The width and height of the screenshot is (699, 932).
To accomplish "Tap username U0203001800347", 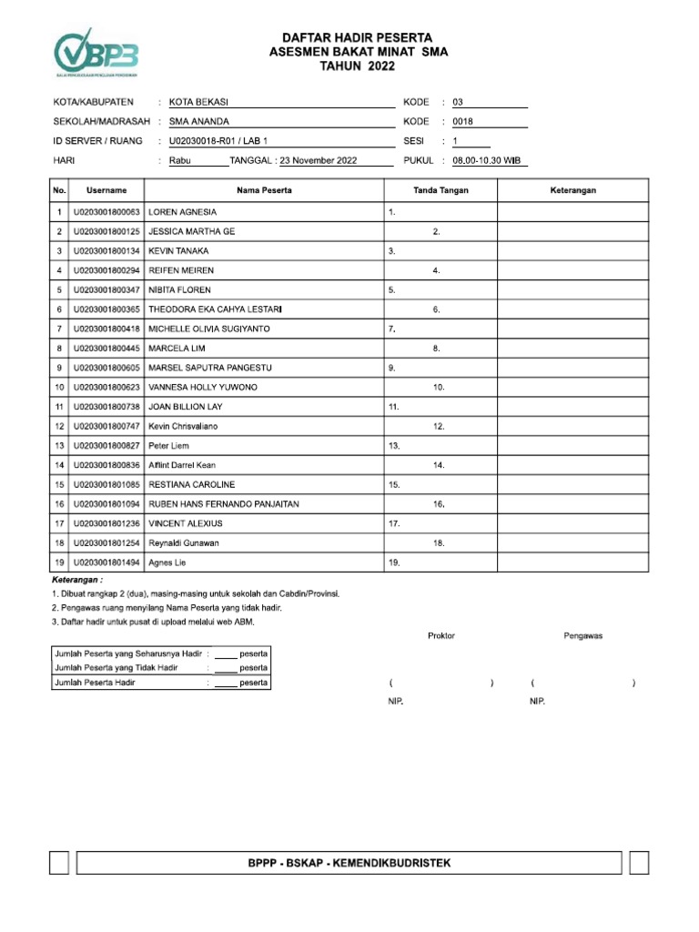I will (106, 290).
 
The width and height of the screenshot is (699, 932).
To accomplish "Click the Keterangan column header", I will (572, 190).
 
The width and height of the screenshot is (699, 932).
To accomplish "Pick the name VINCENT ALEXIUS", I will (186, 524).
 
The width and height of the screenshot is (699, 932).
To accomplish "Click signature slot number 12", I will (439, 427).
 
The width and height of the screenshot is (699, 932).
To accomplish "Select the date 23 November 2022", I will (319, 161).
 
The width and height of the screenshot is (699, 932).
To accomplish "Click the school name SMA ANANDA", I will (199, 122).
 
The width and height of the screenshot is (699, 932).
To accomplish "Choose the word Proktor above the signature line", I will (441, 636).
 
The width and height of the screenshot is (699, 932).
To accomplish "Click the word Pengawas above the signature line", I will (583, 636).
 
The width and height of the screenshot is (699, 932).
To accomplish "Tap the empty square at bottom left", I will (59, 863).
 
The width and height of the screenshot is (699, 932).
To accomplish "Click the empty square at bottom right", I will (639, 863).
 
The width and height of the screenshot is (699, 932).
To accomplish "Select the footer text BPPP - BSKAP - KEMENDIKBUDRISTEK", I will (349, 863).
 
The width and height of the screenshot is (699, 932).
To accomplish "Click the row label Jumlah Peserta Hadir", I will (96, 683).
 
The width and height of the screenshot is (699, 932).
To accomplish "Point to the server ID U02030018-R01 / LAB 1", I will (219, 142).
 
